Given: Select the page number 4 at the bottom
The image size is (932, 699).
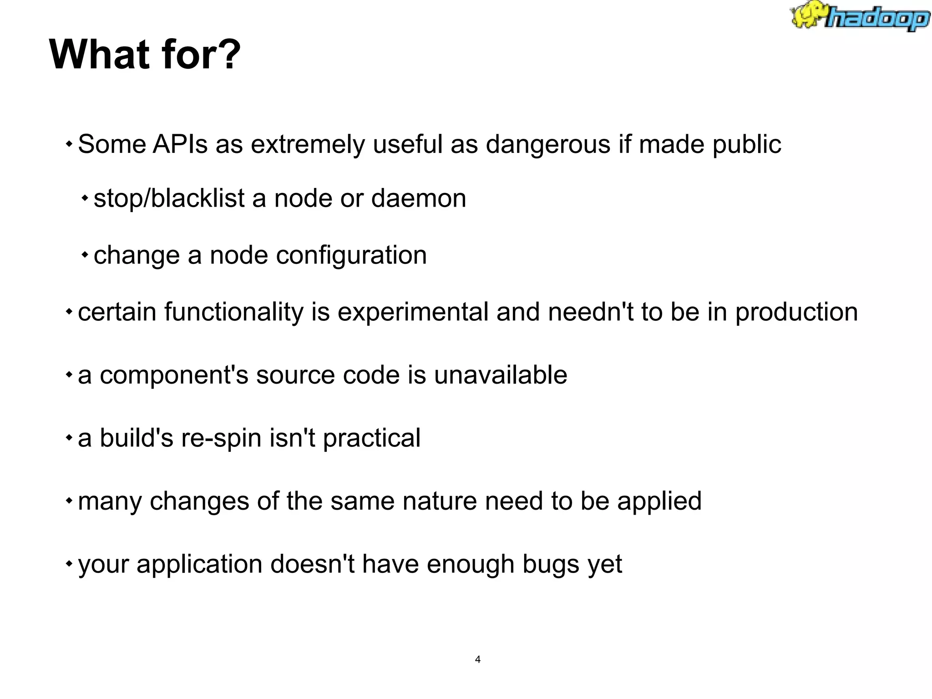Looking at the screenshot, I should tap(477, 659).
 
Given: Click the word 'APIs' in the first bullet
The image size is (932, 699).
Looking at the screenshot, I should tap(180, 144).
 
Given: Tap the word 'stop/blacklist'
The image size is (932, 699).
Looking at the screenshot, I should tap(169, 198).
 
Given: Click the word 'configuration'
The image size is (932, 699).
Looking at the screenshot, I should tap(351, 255).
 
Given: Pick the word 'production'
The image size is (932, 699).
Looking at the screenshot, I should tap(796, 313).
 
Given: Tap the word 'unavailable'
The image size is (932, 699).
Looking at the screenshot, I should tap(501, 375).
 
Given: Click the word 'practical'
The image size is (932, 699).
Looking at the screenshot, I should tap(371, 438).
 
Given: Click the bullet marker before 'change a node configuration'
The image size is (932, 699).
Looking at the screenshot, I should tap(85, 255).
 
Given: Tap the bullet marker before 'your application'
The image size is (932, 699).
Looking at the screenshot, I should tap(69, 564).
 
